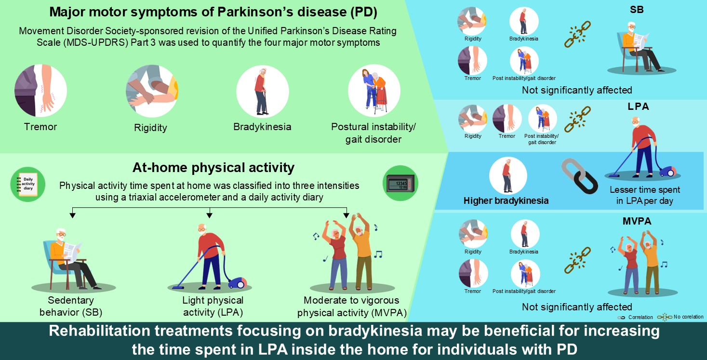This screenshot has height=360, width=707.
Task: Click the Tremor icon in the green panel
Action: coord(40,91)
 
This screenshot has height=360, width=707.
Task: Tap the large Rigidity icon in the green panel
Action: coord(152,91)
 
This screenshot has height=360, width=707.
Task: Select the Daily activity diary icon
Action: coord(28,184)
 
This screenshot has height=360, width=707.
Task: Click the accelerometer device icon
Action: coord(400,183)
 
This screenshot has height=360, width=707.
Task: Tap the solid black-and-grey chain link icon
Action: coord(579,176)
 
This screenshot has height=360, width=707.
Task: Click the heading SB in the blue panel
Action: coord(637,10)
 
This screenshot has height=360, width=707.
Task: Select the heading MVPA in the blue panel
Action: coord(637,221)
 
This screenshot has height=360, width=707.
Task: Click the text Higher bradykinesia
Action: coord(506,200)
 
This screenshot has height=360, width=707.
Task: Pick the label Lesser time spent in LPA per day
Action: coord(645,195)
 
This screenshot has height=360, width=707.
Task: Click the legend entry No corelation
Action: coord(688,317)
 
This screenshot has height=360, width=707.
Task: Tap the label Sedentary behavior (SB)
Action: coord(71,306)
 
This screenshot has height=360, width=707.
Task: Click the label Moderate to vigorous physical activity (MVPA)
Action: coord(352,307)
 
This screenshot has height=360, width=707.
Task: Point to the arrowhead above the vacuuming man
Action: coord(209,215)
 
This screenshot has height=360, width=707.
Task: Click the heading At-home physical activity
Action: coord(213,168)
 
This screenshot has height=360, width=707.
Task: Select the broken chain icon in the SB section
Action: coord(577,34)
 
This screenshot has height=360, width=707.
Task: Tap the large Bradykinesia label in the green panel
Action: coord(262,127)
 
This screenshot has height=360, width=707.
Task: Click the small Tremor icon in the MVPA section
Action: coord(473,273)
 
